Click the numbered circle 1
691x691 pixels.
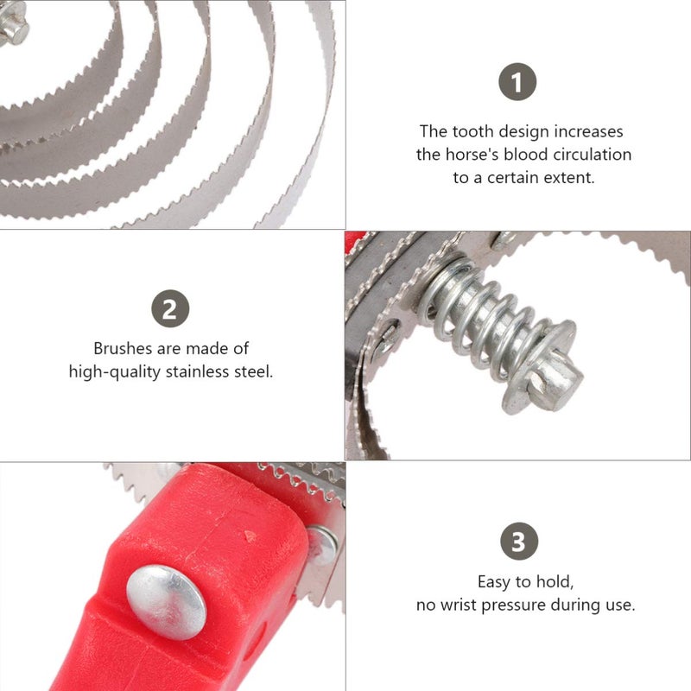point(517,81)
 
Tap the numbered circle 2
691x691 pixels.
point(170,308)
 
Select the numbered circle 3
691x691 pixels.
point(519,542)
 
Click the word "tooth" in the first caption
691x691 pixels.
point(473,131)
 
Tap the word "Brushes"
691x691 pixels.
point(123,349)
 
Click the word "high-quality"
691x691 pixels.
point(115,372)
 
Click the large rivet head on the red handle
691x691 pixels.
point(166,602)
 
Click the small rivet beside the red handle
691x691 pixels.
point(322,545)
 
